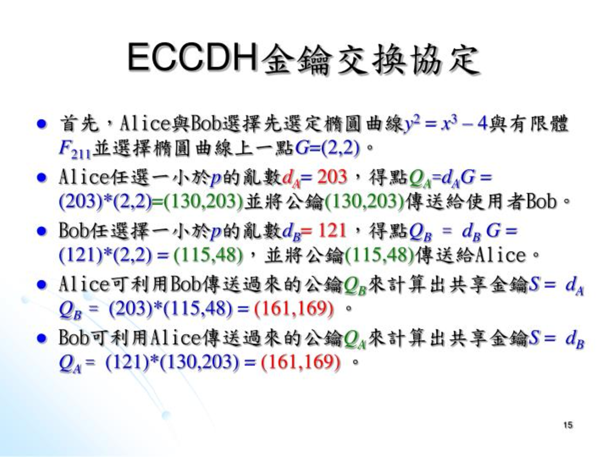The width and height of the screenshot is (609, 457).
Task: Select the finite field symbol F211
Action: [x=75, y=150]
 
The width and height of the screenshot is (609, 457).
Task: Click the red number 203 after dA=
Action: [x=332, y=176]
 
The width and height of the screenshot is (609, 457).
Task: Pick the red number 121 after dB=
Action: [x=332, y=230]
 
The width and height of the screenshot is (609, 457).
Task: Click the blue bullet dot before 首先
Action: [x=42, y=124]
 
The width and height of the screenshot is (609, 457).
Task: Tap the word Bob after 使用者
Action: [x=541, y=201]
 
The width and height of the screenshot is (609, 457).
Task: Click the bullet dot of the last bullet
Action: [x=42, y=338]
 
